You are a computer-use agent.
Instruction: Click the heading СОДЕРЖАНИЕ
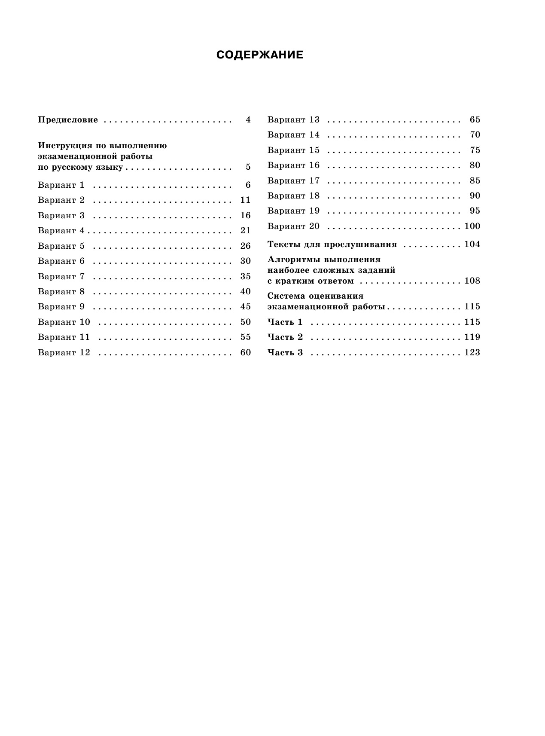pyautogui.click(x=260, y=55)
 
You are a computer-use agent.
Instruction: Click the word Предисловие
pyautogui.click(x=68, y=120)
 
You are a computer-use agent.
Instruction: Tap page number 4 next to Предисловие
pyautogui.click(x=248, y=120)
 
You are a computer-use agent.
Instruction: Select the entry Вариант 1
pyautogui.click(x=61, y=185)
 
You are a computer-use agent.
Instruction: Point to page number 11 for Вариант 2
pyautogui.click(x=245, y=200)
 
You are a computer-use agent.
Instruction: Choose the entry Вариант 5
pyautogui.click(x=61, y=246)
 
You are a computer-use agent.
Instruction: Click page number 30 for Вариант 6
pyautogui.click(x=245, y=261)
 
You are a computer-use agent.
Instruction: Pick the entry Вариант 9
pyautogui.click(x=61, y=307)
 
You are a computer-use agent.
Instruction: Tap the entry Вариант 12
pyautogui.click(x=64, y=353)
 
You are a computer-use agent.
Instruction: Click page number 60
pyautogui.click(x=245, y=353)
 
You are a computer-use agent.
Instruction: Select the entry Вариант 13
pyautogui.click(x=293, y=120)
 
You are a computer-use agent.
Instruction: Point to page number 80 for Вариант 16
pyautogui.click(x=475, y=165)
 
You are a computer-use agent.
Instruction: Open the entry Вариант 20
pyautogui.click(x=293, y=226)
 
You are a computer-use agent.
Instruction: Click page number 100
pyautogui.click(x=472, y=226)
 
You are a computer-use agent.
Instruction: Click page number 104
pyautogui.click(x=472, y=244)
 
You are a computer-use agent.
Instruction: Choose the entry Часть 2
pyautogui.click(x=285, y=337)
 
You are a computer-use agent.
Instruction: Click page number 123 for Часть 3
pyautogui.click(x=472, y=353)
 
